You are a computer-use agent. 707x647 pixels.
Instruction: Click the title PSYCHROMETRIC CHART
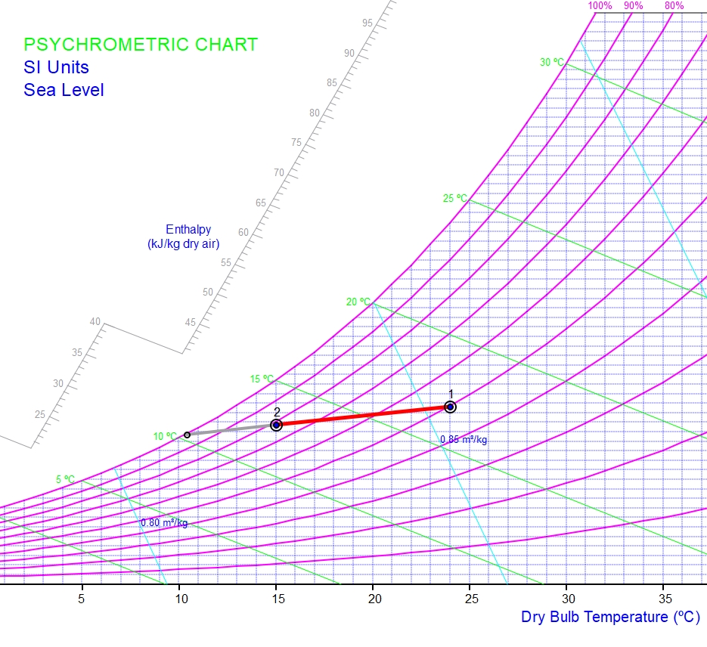[x=141, y=45]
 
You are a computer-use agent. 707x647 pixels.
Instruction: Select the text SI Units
[x=56, y=67]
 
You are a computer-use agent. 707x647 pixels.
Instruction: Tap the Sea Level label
[x=64, y=90]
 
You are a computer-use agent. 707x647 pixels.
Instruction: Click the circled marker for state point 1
[x=450, y=407]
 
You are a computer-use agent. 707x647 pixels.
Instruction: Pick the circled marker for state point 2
[x=277, y=425]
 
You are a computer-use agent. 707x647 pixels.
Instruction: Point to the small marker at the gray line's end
[x=188, y=435]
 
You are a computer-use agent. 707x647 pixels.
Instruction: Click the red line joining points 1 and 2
[x=363, y=416]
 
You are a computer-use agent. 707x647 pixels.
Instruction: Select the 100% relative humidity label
[x=600, y=6]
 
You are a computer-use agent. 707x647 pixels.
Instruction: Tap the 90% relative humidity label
[x=634, y=6]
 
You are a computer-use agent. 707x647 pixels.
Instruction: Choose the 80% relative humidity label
[x=674, y=6]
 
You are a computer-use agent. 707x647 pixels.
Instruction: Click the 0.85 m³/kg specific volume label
[x=464, y=440]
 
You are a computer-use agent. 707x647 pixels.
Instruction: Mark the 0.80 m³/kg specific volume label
[x=164, y=522]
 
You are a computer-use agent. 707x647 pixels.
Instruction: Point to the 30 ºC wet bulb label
[x=552, y=62]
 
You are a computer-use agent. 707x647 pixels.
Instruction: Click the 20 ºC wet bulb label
[x=358, y=302]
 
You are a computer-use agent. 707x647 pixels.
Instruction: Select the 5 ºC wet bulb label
[x=65, y=479]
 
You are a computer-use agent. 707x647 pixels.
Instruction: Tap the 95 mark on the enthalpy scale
[x=367, y=23]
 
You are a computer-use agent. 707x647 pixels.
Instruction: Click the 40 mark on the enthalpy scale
[x=95, y=322]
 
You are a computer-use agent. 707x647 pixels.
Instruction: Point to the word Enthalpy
[x=188, y=230]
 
